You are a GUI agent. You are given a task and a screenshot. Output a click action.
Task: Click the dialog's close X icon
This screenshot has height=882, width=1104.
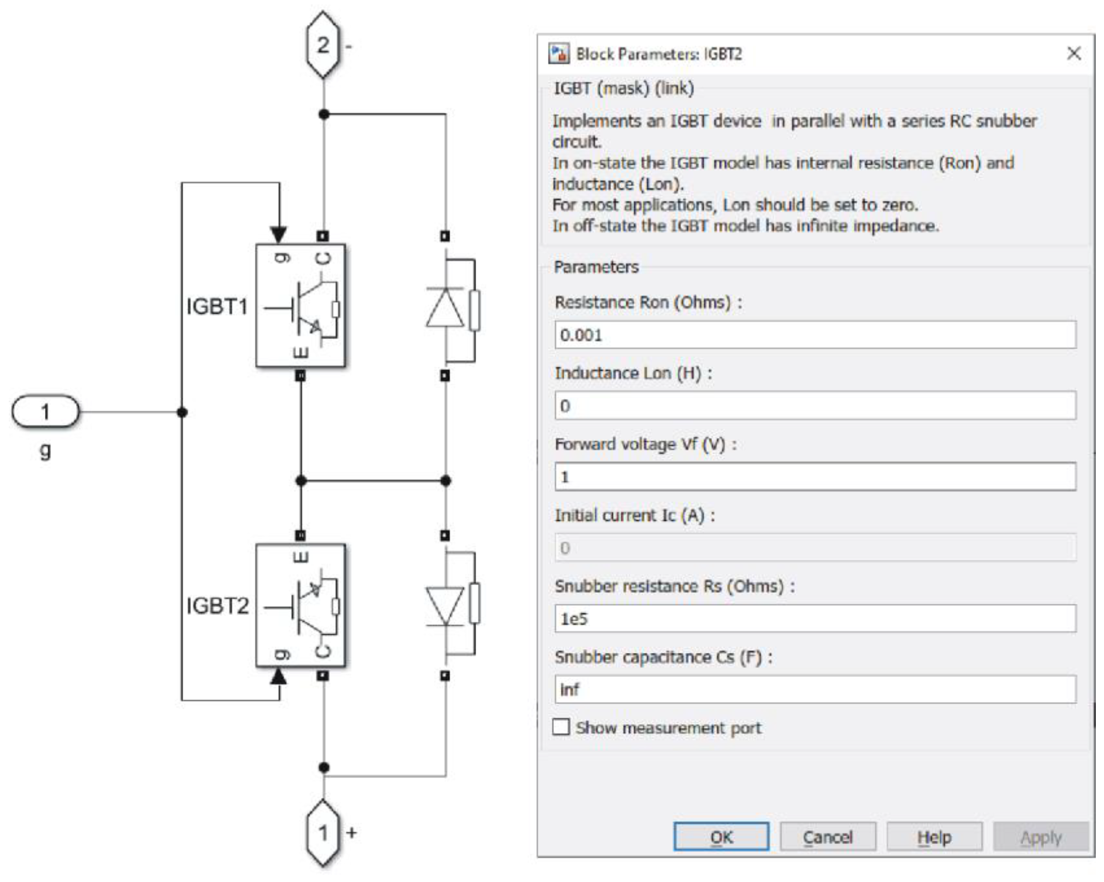tap(1074, 53)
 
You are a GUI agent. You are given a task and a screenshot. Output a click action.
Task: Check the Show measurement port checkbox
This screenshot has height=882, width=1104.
tap(561, 727)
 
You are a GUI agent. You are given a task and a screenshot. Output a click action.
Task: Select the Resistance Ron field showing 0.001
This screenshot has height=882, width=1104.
tap(815, 335)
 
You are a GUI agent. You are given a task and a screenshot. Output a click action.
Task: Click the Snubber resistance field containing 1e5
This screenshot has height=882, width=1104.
tap(815, 618)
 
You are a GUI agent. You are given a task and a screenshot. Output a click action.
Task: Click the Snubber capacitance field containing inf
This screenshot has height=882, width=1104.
tap(815, 689)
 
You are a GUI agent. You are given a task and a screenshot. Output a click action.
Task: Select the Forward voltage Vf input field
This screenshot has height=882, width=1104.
tap(815, 476)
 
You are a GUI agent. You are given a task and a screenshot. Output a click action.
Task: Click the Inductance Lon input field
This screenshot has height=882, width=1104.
tap(815, 406)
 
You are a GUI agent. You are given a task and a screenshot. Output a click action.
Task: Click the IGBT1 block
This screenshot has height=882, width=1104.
tap(301, 306)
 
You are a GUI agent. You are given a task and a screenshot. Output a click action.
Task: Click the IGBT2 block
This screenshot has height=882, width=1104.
tap(301, 605)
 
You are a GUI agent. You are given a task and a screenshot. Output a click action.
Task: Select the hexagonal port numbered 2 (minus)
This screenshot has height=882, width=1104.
tap(323, 45)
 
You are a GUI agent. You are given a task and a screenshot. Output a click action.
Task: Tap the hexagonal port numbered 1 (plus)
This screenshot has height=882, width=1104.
tap(323, 832)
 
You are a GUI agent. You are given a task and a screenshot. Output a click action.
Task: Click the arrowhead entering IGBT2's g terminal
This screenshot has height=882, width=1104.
tap(278, 677)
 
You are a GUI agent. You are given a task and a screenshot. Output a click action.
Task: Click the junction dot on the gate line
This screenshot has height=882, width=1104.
tap(182, 412)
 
